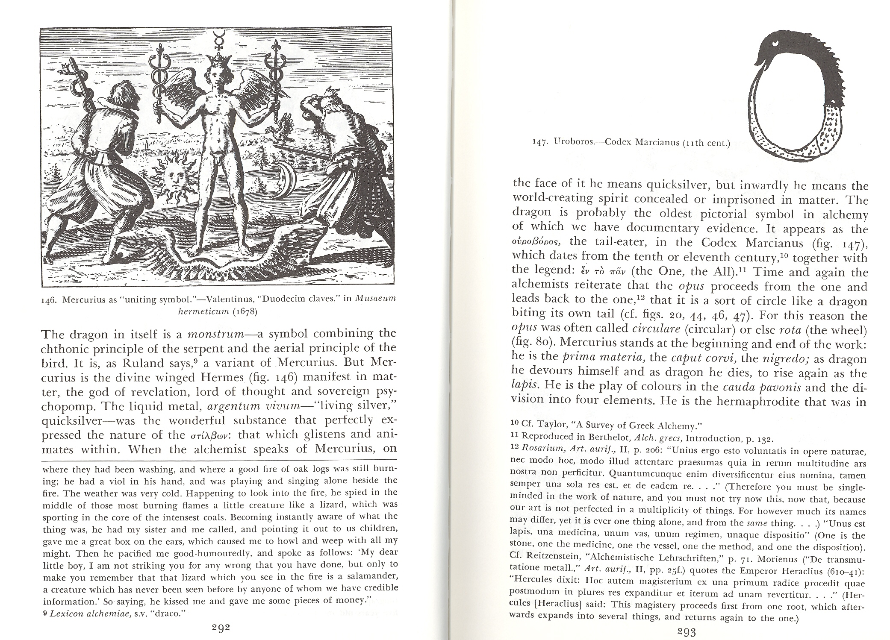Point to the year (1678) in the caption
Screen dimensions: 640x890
pyautogui.click(x=244, y=311)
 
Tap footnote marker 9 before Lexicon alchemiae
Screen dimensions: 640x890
pyautogui.click(x=45, y=612)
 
